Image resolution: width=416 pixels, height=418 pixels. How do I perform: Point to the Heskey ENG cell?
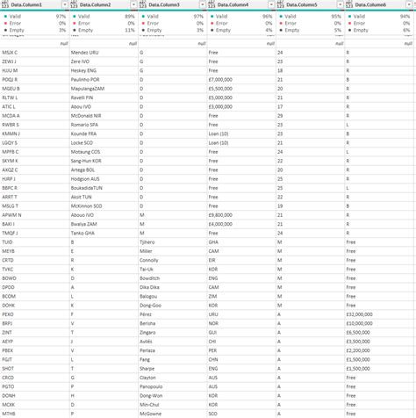point(85,70)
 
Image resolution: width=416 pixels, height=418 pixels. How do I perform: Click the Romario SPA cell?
point(87,124)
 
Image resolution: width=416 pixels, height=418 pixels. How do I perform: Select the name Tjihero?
point(153,241)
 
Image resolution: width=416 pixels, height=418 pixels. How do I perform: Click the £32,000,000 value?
point(363,313)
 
